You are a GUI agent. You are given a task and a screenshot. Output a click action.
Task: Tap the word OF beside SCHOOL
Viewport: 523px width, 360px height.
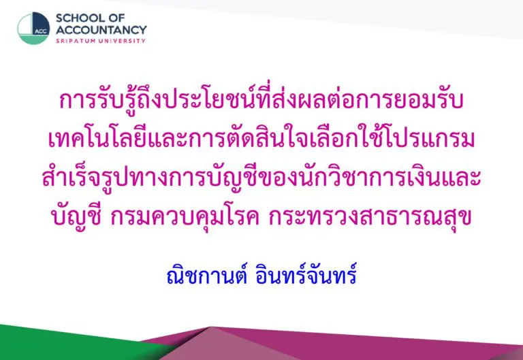116,18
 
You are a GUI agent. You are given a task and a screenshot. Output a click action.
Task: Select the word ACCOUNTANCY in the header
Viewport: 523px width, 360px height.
101,30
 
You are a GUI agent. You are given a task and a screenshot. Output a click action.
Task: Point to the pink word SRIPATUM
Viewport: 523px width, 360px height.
75,41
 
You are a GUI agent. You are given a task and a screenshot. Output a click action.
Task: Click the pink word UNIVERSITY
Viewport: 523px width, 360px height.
122,41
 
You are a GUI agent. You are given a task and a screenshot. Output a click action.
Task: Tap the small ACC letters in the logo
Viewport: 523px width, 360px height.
41,32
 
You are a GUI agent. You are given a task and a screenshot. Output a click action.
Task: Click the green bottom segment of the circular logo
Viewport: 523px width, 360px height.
33,39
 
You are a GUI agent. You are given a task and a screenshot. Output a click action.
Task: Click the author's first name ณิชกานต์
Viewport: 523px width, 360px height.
207,276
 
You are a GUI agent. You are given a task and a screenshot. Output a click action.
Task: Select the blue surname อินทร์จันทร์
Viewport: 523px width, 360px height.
306,276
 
